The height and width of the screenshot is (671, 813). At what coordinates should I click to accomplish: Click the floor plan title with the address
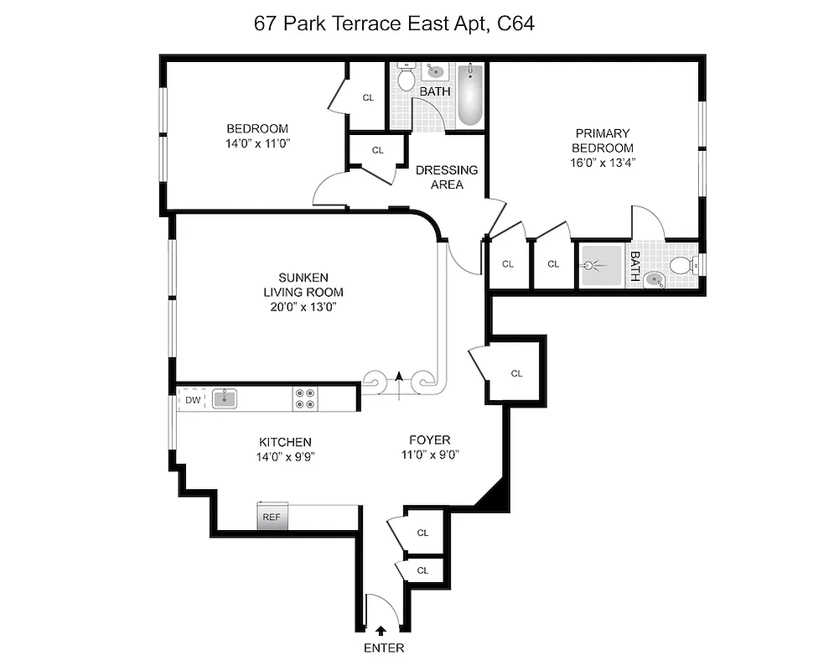click(394, 23)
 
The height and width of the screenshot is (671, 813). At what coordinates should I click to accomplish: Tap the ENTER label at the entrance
click(384, 648)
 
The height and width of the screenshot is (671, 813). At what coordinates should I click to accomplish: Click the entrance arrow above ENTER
click(382, 630)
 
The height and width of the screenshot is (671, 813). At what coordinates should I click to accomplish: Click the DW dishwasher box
click(193, 400)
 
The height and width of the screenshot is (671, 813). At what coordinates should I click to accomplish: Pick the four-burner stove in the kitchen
click(305, 398)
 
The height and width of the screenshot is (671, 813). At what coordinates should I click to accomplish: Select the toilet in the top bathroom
click(406, 79)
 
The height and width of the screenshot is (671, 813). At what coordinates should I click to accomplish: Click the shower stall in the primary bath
click(600, 267)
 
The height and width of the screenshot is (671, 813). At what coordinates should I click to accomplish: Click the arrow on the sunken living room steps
click(399, 379)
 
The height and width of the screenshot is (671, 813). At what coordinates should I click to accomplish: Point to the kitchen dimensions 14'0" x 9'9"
click(286, 457)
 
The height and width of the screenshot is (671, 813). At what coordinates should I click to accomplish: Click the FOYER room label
click(429, 440)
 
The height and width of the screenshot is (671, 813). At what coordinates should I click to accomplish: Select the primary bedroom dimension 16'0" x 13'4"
click(602, 164)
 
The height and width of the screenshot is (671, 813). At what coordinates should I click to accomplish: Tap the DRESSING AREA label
click(447, 177)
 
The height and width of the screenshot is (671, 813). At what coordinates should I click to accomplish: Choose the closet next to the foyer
click(516, 373)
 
